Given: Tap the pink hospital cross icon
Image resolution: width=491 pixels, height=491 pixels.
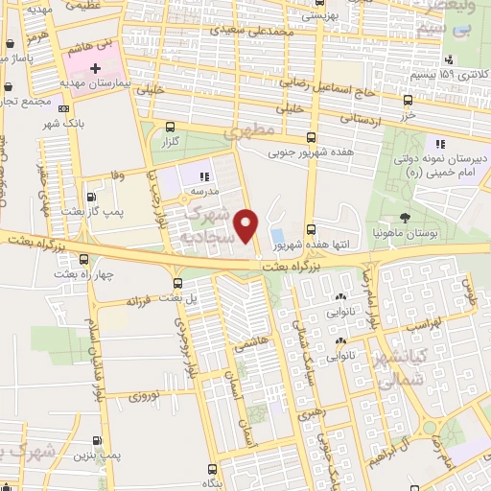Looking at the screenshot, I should [95, 68].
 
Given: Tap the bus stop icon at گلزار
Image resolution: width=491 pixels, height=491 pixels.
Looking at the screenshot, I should [171, 126].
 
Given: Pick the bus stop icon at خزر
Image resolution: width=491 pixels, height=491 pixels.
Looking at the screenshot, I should [408, 99].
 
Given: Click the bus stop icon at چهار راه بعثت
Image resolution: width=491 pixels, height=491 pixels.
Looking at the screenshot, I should [84, 258].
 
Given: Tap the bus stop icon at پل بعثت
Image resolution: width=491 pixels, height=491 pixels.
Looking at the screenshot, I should [176, 282].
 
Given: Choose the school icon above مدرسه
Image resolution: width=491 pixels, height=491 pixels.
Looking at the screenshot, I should [203, 176].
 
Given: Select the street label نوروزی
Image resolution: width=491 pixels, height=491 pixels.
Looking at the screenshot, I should [148, 394].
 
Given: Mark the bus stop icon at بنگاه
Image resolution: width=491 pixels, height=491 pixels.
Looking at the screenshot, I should [211, 470].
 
